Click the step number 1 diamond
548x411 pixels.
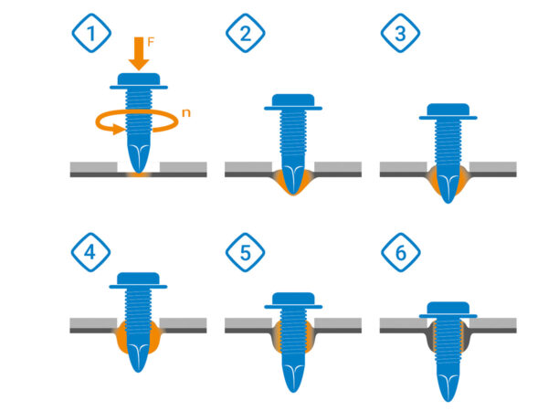[91, 33]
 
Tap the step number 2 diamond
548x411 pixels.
[246, 33]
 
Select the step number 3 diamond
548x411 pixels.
[400, 33]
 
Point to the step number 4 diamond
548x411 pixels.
[90, 252]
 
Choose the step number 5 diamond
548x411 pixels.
[246, 252]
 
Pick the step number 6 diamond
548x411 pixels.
[401, 252]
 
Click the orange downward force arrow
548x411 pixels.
[139, 54]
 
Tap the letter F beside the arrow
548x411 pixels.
[151, 42]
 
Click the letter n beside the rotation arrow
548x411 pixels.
[186, 113]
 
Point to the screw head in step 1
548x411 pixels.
[139, 81]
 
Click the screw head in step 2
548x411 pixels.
[293, 102]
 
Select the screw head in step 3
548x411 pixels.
[448, 111]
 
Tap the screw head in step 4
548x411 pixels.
[139, 280]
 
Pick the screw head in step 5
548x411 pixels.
[293, 300]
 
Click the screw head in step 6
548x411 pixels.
[448, 310]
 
